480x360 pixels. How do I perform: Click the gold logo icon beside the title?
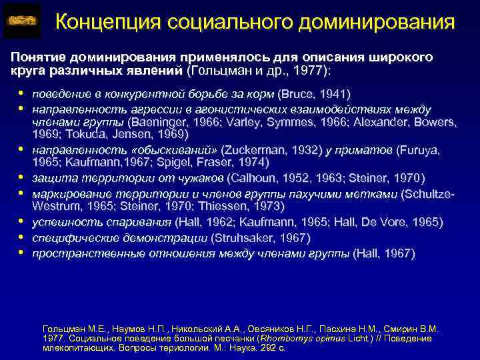point(23,21)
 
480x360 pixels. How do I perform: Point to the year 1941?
point(333,93)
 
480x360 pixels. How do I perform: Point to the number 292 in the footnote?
point(269,347)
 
